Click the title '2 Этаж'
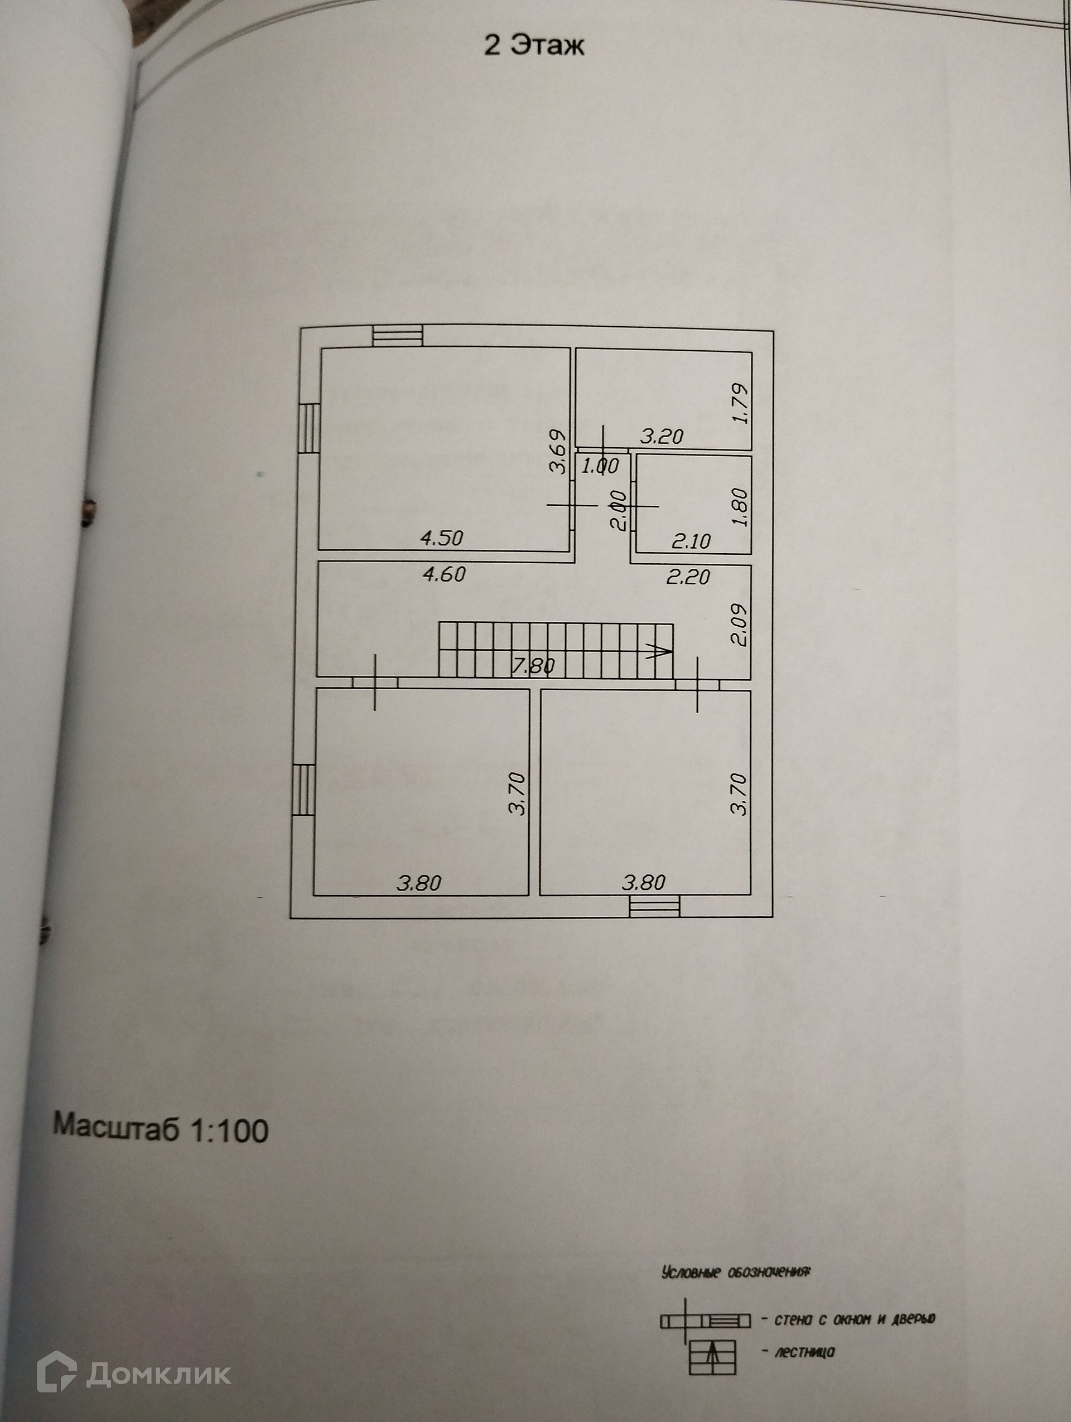click(x=534, y=46)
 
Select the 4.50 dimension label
click(x=441, y=538)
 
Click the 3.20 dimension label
click(x=662, y=437)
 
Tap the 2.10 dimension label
click(x=691, y=541)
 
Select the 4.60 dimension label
click(x=443, y=573)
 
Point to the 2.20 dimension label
click(x=688, y=577)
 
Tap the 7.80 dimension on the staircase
click(x=533, y=666)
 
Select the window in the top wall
click(x=399, y=336)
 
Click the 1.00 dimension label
click(x=599, y=466)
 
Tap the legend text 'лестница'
click(x=804, y=1351)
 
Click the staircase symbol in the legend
click(x=712, y=1356)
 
